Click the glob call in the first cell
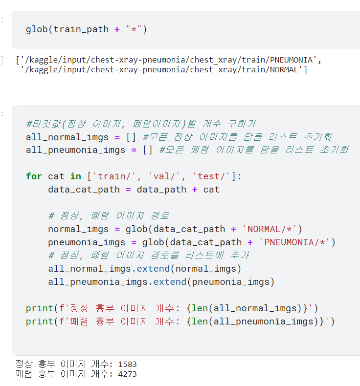[37, 29]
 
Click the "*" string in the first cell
[134, 29]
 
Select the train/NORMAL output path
[164, 70]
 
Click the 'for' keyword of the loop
[34, 176]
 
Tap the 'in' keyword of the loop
[75, 176]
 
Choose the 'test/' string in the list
[211, 176]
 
